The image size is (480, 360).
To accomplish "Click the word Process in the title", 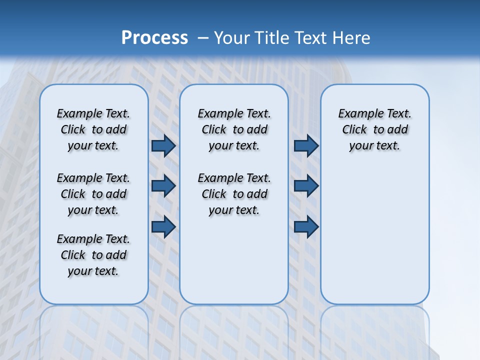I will (x=154, y=38).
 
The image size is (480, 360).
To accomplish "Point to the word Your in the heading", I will (x=232, y=38).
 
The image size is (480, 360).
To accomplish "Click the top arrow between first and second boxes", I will (x=163, y=146).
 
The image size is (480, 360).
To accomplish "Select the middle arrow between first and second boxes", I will (x=163, y=186).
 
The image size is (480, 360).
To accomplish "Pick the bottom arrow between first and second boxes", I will (x=163, y=226).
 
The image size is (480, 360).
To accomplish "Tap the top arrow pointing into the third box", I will (x=306, y=146).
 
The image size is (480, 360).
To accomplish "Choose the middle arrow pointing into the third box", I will (x=306, y=186).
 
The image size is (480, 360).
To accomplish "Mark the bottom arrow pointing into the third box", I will (x=306, y=226).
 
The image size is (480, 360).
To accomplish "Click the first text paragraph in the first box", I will (x=93, y=129).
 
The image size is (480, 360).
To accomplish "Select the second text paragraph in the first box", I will (x=93, y=194).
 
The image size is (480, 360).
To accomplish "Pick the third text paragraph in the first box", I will (x=93, y=255).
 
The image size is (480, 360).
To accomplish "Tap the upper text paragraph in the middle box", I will (x=234, y=129).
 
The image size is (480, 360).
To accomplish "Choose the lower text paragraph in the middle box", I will (x=234, y=194).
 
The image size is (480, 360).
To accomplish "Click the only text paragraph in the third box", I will (x=374, y=129).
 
